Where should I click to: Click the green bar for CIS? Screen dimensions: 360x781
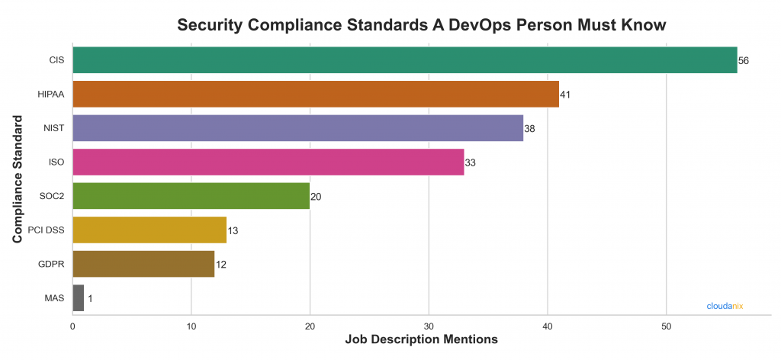(x=404, y=60)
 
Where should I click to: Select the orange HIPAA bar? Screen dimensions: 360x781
(x=316, y=94)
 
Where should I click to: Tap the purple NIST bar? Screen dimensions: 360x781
(x=297, y=128)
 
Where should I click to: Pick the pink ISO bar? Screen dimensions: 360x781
(x=268, y=162)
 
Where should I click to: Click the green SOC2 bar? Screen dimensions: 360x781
(x=191, y=196)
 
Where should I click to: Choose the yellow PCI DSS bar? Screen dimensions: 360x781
(x=149, y=230)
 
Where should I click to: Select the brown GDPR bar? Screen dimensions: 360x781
(x=143, y=264)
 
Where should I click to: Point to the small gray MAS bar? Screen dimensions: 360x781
(x=78, y=297)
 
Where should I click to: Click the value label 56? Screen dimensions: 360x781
(x=744, y=61)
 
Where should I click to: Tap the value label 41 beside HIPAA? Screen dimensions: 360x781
(x=565, y=95)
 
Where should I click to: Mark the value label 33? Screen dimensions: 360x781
(x=471, y=162)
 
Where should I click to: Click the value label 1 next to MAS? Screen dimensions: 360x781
(x=90, y=298)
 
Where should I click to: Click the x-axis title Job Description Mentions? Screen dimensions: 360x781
(x=421, y=339)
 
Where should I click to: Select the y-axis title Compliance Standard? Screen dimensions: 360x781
(x=17, y=179)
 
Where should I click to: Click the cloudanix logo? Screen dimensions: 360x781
(x=724, y=306)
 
